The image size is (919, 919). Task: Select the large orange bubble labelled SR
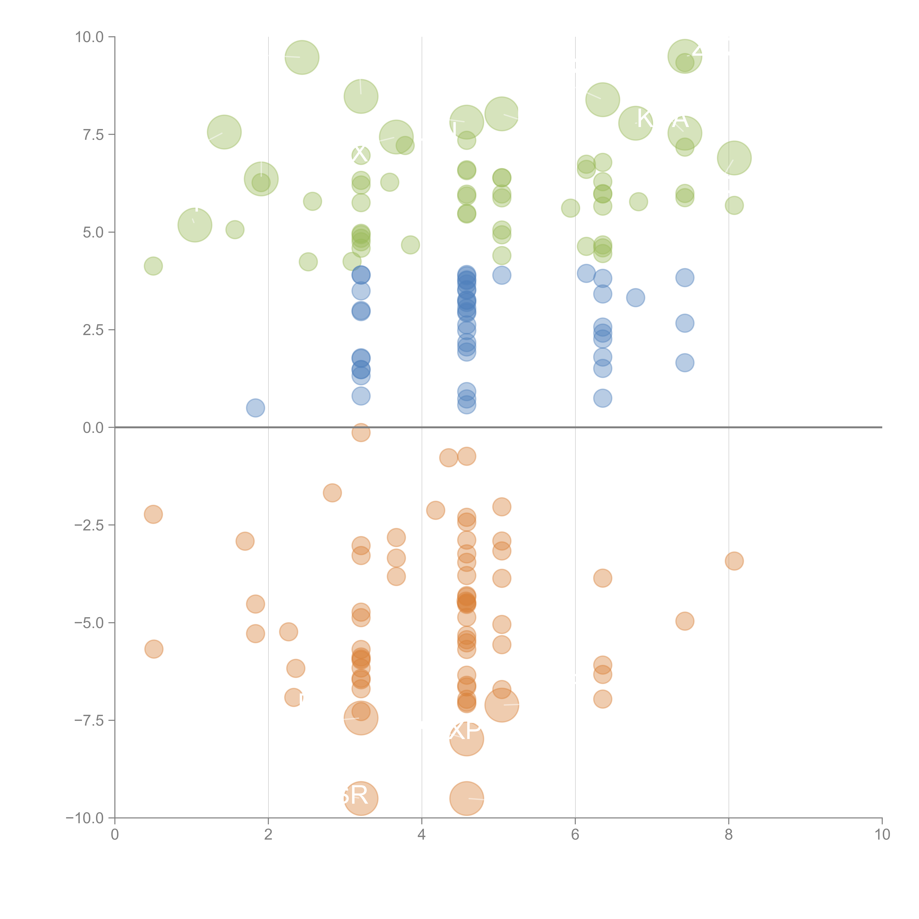pos(361,798)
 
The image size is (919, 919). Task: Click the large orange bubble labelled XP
pos(467,739)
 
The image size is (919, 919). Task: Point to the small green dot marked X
pos(361,155)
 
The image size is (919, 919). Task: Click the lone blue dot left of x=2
pos(255,408)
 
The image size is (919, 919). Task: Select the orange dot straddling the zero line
pos(361,432)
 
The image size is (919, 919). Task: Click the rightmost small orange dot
pos(734,561)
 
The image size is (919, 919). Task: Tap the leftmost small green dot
pos(153,266)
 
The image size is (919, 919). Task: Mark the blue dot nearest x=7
pos(636,298)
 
